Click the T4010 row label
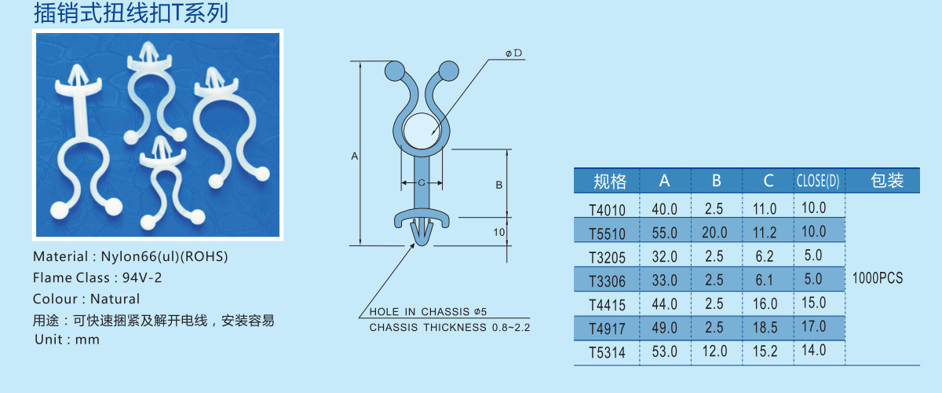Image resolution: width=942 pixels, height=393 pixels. click(607, 210)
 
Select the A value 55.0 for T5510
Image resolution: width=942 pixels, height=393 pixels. click(664, 233)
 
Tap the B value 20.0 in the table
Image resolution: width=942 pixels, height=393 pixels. click(714, 233)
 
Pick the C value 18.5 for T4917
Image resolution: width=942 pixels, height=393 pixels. click(765, 328)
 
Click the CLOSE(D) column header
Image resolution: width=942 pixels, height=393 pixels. click(818, 181)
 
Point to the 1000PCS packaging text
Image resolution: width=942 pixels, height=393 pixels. click(878, 278)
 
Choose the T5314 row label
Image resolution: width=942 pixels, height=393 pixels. click(607, 352)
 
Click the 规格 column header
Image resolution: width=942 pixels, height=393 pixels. click(610, 181)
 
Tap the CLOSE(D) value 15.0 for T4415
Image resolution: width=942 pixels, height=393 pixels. click(814, 303)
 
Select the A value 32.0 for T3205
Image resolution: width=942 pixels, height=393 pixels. click(664, 256)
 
